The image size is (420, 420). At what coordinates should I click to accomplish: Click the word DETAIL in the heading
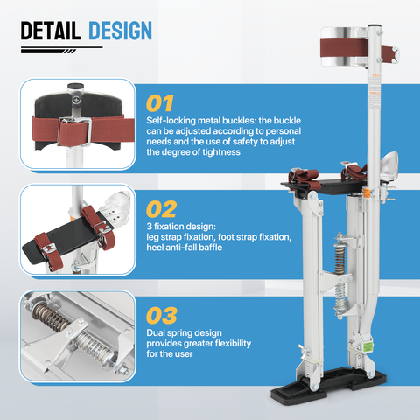click(51, 31)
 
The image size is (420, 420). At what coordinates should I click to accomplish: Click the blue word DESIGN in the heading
click(120, 31)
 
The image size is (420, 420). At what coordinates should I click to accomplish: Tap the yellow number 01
click(160, 103)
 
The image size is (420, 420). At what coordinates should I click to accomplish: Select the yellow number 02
click(161, 209)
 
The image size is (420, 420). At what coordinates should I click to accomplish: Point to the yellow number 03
click(162, 316)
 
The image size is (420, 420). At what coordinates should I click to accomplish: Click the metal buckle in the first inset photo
click(75, 131)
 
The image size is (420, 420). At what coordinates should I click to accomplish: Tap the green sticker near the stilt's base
click(367, 347)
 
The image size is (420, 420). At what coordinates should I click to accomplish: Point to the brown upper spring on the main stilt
click(339, 259)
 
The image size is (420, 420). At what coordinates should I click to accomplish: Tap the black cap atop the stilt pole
click(374, 26)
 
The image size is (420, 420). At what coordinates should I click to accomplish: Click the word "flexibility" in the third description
click(233, 343)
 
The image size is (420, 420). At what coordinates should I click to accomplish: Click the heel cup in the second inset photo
click(116, 206)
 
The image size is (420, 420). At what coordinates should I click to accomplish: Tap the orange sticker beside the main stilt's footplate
click(366, 193)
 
